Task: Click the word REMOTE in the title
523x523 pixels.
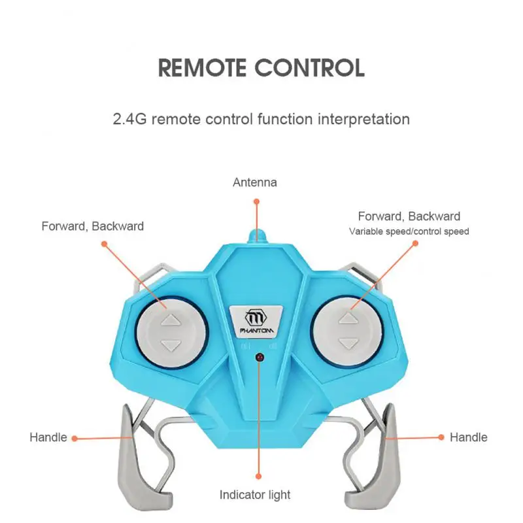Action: (205, 68)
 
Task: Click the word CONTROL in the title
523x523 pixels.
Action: (309, 68)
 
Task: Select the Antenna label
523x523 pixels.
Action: (255, 182)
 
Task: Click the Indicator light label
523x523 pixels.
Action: (255, 495)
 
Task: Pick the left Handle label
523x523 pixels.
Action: (48, 437)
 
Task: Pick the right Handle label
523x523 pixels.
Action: (468, 437)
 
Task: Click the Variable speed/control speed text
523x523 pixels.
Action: (409, 231)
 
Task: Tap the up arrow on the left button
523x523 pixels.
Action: (171, 320)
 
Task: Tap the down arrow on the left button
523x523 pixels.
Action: (171, 345)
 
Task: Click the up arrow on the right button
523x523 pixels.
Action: (348, 318)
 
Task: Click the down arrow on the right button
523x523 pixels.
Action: (348, 343)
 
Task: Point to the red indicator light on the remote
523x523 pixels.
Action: (260, 358)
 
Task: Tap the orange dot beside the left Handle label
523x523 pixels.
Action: (74, 438)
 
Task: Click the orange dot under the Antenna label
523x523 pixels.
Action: (256, 203)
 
